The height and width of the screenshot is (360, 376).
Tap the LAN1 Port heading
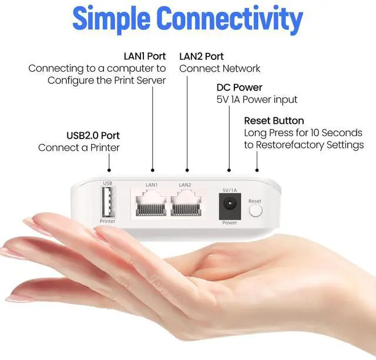pyautogui.click(x=145, y=56)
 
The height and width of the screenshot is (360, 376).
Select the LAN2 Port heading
pyautogui.click(x=202, y=56)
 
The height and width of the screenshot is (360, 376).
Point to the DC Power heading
pyautogui.click(x=239, y=88)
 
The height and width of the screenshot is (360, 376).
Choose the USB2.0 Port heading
pyautogui.click(x=94, y=136)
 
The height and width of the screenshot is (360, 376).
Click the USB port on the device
pyautogui.click(x=108, y=203)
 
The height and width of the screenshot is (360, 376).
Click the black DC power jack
pyautogui.click(x=229, y=206)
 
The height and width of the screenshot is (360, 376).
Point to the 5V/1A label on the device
pyautogui.click(x=230, y=189)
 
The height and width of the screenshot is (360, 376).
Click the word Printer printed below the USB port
pyautogui.click(x=108, y=221)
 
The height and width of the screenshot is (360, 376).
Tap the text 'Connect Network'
pyautogui.click(x=220, y=68)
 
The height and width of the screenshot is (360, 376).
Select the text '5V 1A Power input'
pyautogui.click(x=257, y=100)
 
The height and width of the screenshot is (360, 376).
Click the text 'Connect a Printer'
pyautogui.click(x=79, y=148)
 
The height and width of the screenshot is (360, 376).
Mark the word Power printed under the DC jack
pyautogui.click(x=229, y=223)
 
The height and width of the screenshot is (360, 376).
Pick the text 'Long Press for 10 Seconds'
pyautogui.click(x=303, y=133)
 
